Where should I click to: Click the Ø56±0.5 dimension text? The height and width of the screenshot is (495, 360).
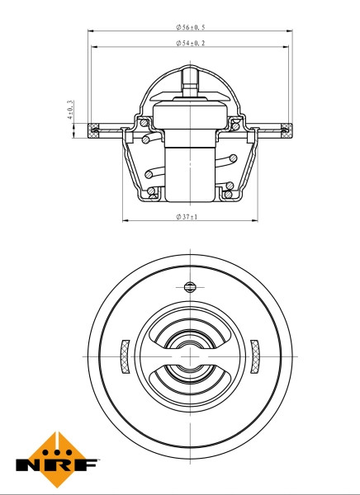(190, 27)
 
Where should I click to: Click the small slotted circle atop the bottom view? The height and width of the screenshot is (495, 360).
(190, 287)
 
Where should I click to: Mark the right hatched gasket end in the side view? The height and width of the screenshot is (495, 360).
(287, 128)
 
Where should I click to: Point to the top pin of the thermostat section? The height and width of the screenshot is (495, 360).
(190, 80)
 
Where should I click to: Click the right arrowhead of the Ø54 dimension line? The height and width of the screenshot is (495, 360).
(284, 47)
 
